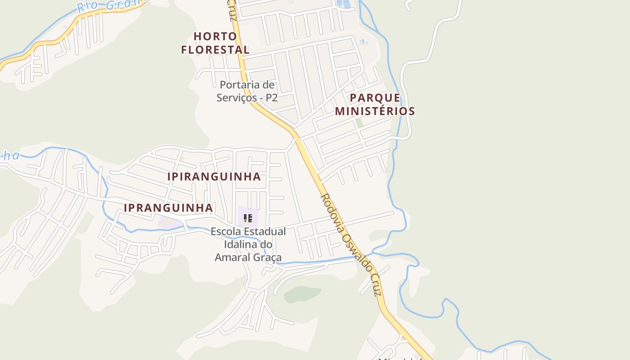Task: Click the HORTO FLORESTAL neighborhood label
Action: coord(215,43)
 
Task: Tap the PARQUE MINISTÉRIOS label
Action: coord(375,104)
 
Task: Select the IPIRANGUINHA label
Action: coord(214,177)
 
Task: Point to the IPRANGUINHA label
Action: coord(168,208)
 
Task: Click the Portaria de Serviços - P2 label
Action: coord(247,91)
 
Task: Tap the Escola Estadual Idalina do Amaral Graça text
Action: coord(248,244)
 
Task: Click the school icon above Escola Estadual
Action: coord(247,219)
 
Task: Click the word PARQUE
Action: coord(375,98)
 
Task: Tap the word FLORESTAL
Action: coord(215,49)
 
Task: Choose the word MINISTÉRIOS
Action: coord(375,111)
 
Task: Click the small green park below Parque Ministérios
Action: coord(359,122)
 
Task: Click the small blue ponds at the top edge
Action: coord(344,4)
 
